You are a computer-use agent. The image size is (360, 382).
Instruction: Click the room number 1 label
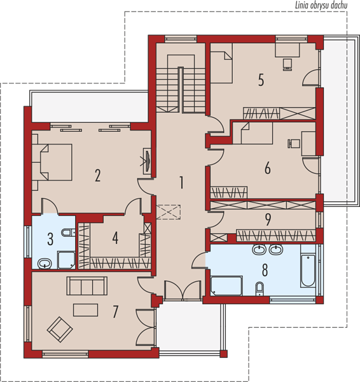[181, 183]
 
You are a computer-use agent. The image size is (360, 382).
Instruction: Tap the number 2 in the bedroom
[97, 176]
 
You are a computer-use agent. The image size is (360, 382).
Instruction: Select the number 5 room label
[261, 80]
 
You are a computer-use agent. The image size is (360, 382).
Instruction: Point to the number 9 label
[268, 220]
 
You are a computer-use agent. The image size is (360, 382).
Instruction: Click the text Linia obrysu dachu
[321, 5]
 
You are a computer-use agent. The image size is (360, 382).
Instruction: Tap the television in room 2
[148, 161]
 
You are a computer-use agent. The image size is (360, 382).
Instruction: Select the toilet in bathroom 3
[68, 232]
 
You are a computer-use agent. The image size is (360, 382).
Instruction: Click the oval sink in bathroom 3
[45, 264]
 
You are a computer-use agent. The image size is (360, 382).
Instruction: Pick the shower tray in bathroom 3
[66, 260]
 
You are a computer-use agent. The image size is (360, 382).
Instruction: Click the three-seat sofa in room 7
[87, 286]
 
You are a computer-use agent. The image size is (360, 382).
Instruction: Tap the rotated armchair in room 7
[60, 329]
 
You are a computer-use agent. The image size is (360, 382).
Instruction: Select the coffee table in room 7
[86, 310]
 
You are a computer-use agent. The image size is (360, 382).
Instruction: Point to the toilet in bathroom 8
[260, 289]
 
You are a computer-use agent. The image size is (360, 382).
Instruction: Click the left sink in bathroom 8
[259, 250]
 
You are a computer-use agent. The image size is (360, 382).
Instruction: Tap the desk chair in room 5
[287, 64]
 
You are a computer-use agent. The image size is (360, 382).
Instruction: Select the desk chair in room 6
[294, 143]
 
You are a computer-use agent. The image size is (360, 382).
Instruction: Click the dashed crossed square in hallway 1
[168, 212]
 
